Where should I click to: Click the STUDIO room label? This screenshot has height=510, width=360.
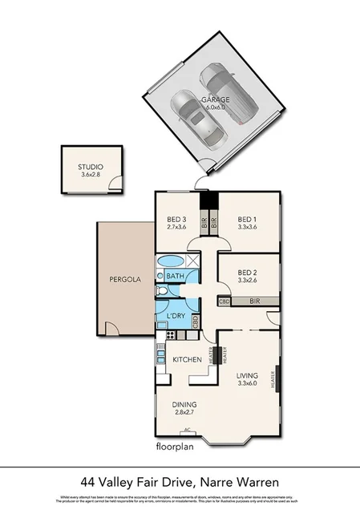(x=91, y=167)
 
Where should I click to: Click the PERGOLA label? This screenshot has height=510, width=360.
(x=125, y=280)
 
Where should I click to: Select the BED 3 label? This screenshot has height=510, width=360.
(x=176, y=220)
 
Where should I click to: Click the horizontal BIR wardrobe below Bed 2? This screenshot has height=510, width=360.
(x=255, y=302)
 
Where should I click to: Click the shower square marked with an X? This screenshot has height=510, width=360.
(x=192, y=261)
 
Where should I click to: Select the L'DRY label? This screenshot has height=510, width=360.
(x=176, y=316)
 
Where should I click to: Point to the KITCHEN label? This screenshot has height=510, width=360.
(x=186, y=360)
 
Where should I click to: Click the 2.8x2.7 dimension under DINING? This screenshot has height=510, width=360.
(x=184, y=413)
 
